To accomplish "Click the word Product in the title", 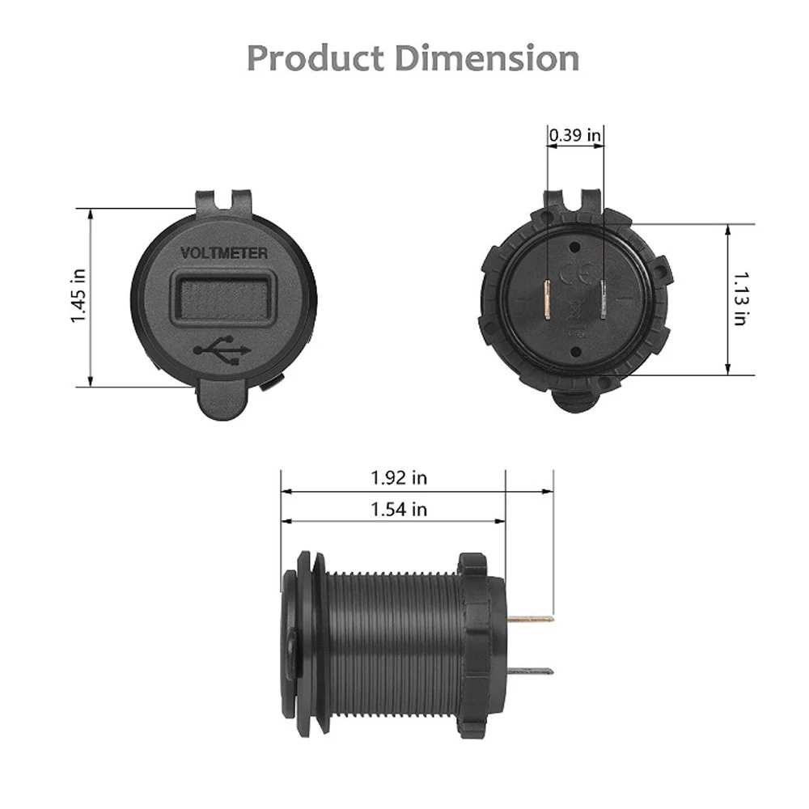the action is point(316,57).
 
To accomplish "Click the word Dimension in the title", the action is point(487,57).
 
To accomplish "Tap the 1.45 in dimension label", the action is point(78,297).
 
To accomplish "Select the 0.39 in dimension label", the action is point(574,135).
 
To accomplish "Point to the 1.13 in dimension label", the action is point(740,299).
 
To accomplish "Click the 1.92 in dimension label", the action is point(399,478).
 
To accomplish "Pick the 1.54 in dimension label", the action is point(399,509).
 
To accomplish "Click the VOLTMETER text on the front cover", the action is point(224,253).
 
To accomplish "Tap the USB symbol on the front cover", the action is point(222,350).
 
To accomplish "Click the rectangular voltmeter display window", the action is point(223,300).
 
